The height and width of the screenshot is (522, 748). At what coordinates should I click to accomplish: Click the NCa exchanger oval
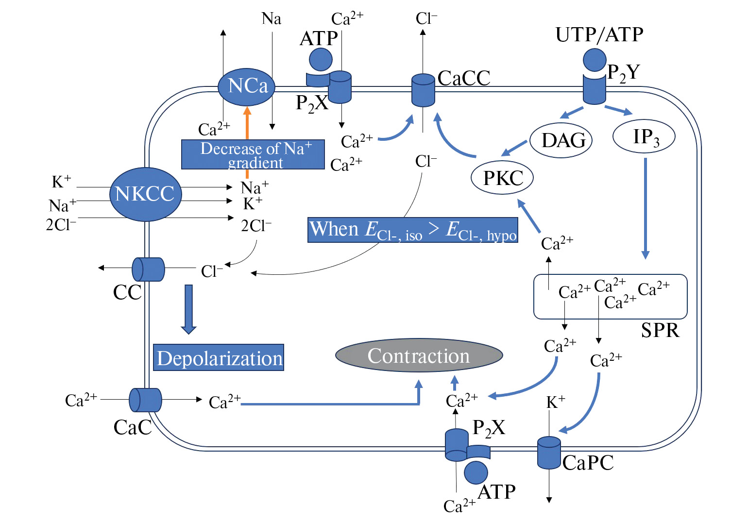click(x=246, y=87)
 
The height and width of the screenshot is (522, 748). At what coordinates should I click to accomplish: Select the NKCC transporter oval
click(x=145, y=194)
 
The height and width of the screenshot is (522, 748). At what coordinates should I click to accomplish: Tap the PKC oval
click(x=502, y=178)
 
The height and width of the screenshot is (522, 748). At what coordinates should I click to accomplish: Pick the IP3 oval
click(x=644, y=136)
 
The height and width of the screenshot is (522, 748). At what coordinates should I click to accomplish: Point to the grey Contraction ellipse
click(x=419, y=355)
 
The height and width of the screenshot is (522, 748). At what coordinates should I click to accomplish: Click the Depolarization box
click(x=219, y=358)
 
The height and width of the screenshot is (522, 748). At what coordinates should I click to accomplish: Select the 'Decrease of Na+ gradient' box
click(x=253, y=154)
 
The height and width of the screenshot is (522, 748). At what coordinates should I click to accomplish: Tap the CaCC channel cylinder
click(x=423, y=90)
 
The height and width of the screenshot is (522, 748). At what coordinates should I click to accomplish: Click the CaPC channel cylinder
click(x=549, y=453)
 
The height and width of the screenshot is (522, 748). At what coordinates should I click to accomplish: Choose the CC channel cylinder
click(x=148, y=269)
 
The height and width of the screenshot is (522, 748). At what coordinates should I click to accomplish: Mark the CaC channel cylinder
click(x=145, y=400)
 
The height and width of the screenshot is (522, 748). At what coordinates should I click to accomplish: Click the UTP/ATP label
click(x=599, y=35)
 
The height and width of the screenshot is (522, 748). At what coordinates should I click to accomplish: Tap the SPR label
click(x=660, y=331)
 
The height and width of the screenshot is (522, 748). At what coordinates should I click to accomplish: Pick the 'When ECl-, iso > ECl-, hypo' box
click(x=413, y=230)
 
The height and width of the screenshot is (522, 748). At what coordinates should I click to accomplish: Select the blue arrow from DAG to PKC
click(x=514, y=147)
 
